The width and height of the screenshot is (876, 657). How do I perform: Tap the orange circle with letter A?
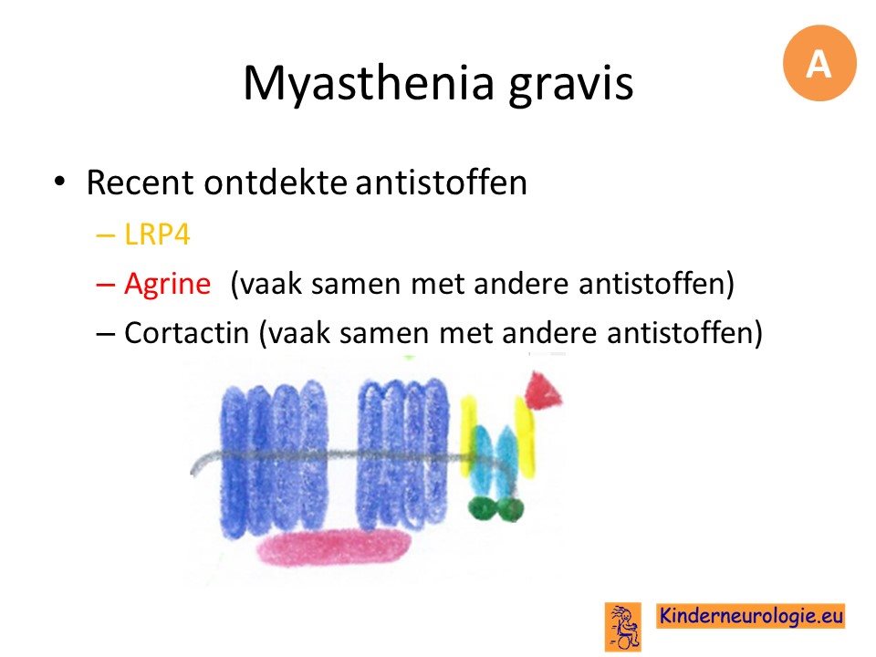819,63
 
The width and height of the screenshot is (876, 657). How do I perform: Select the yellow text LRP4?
157,235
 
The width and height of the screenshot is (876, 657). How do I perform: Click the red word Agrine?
168,284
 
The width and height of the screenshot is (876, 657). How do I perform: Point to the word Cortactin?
186,333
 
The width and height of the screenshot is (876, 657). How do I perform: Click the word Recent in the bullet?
141,182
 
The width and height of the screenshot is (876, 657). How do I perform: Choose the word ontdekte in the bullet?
276,182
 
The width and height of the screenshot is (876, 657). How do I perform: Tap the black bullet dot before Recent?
59,181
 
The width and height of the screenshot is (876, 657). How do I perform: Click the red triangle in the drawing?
541,390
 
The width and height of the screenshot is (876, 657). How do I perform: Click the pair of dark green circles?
495,508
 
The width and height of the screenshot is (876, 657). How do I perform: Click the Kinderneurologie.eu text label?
750,616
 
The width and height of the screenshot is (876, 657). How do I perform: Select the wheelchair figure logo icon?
623,627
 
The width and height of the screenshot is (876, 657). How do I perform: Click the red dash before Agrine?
106,285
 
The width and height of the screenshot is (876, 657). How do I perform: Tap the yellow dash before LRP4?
106,235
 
